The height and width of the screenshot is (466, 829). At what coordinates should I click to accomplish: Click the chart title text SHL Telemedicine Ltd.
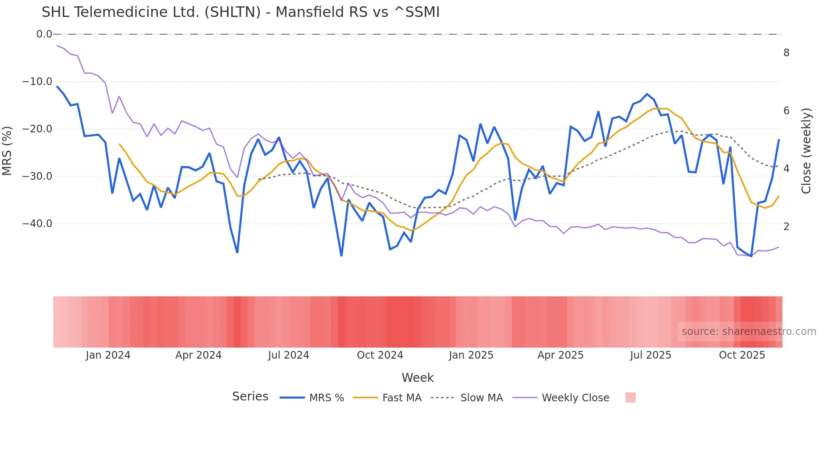click(240, 12)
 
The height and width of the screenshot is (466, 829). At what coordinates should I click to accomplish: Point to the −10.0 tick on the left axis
click(37, 82)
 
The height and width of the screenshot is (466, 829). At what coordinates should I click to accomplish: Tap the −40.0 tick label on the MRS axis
click(37, 224)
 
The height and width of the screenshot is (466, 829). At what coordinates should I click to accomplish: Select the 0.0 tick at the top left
click(44, 34)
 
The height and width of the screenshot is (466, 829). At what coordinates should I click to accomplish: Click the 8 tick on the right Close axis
click(786, 53)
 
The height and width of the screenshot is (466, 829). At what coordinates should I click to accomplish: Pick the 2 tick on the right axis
click(786, 227)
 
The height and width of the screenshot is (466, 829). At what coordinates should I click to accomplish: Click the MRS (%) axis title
click(7, 151)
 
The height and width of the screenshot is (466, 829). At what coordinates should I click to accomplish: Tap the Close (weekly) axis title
click(806, 151)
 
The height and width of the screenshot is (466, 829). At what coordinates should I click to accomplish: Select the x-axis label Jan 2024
click(108, 355)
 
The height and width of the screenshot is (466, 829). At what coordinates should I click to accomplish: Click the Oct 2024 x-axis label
click(380, 355)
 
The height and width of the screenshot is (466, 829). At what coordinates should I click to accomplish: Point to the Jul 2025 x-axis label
click(651, 355)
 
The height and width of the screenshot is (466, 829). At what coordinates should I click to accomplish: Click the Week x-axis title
click(417, 378)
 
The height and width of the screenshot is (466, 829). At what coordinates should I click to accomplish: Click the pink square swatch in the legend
click(630, 397)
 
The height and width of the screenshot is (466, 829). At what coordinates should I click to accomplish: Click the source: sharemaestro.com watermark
click(749, 332)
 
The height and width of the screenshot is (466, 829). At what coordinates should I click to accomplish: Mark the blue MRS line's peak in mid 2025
click(647, 94)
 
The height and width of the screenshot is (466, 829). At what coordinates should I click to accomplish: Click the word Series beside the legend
click(250, 397)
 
